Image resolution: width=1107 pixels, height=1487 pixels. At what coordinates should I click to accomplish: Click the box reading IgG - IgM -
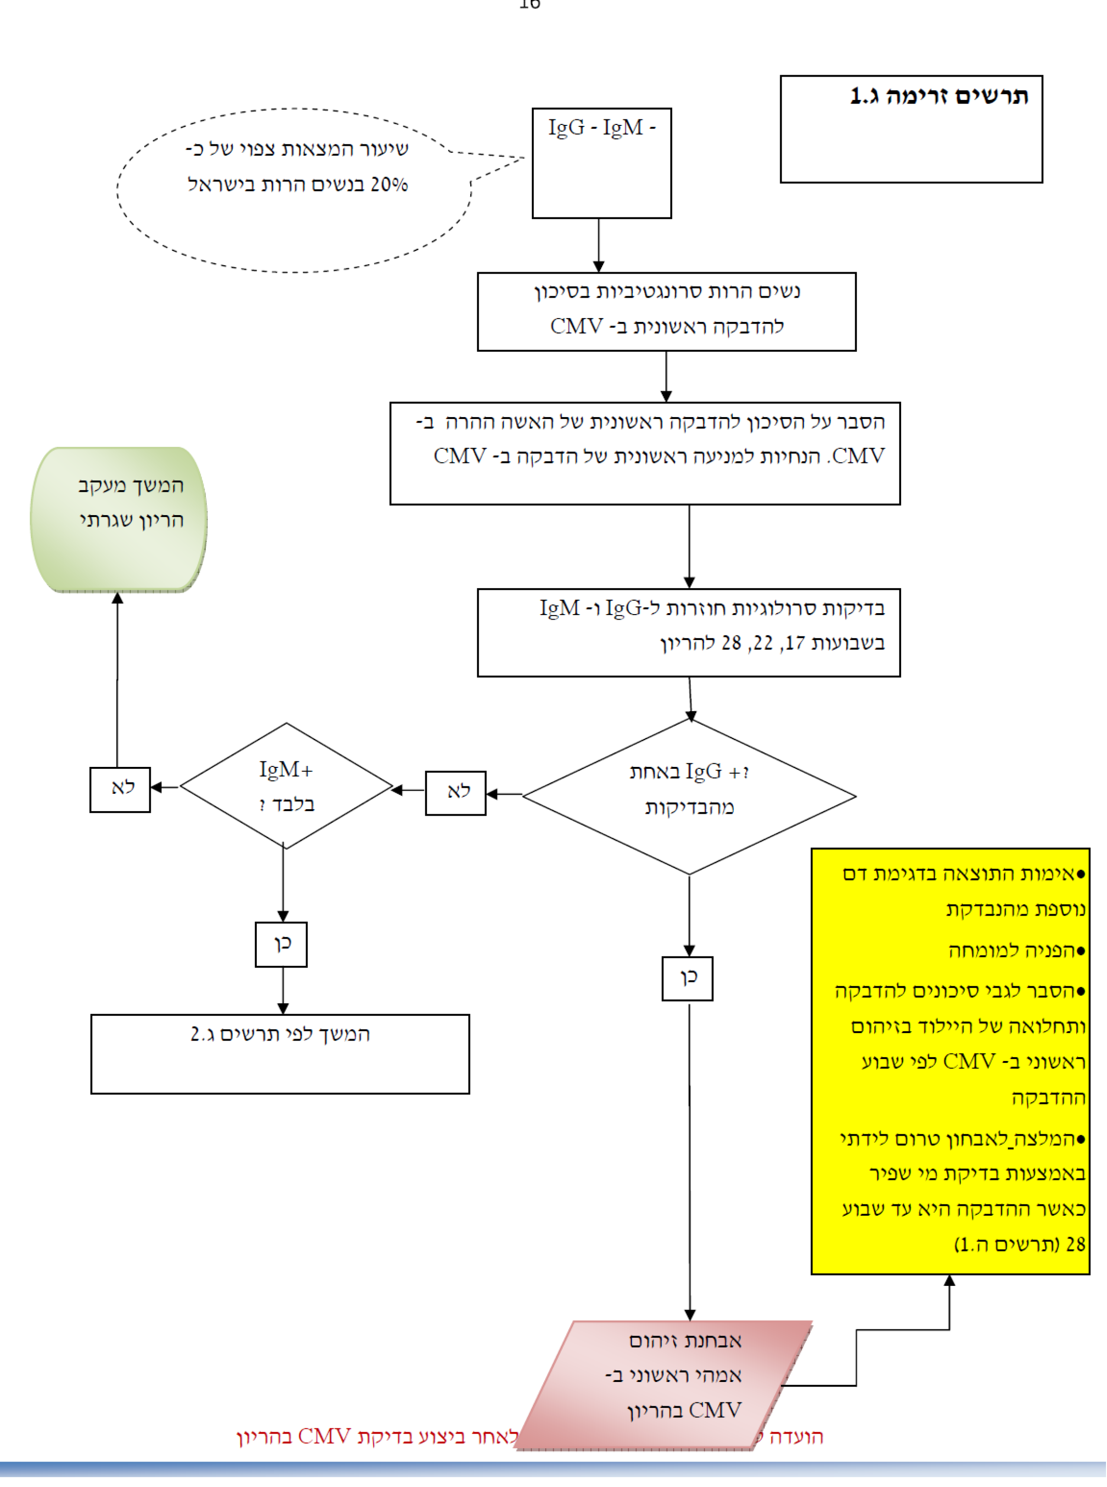pos(601,163)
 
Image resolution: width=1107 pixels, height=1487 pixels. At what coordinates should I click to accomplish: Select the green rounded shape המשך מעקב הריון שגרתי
pos(118,520)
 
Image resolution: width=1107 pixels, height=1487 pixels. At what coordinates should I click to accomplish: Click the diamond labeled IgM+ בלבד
pos(286,785)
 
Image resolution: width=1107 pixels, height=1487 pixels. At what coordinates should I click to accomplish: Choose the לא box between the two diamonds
pos(456,793)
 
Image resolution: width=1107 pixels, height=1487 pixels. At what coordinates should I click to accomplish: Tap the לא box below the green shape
pos(120,789)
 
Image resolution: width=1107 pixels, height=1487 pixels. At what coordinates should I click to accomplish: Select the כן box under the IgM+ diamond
pos(282,944)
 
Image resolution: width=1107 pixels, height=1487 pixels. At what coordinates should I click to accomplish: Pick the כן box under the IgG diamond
pos(688,978)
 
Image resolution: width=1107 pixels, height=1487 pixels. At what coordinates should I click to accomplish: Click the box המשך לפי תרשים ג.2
pos(280,1054)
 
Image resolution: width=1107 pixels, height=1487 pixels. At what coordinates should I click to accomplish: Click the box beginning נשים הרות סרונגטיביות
pos(666,312)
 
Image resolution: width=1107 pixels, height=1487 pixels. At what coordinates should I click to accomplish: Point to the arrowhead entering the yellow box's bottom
pos(949,1280)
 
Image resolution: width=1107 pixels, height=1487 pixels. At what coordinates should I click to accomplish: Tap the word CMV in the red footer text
pos(324,1436)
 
